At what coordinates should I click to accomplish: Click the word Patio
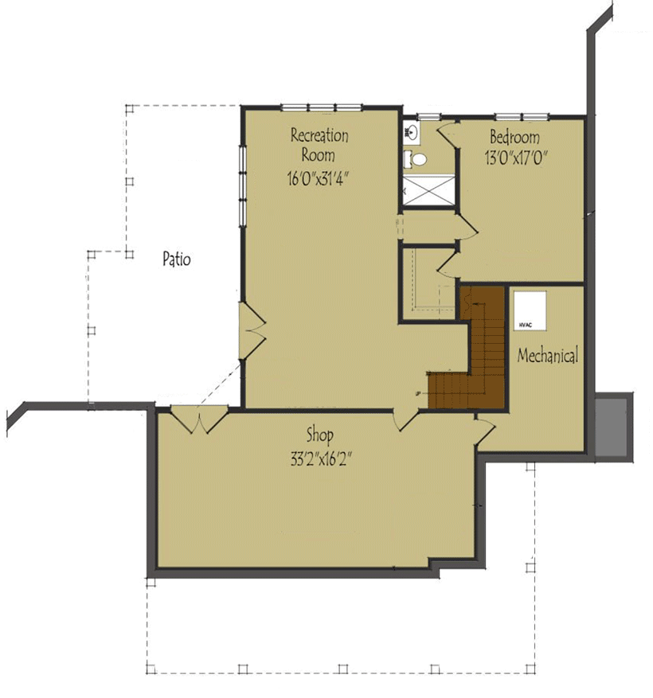pos(176,259)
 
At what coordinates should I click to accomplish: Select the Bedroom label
pos(514,135)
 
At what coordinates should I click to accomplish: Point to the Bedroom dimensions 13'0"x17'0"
pos(515,157)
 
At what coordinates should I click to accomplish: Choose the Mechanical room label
pos(547,356)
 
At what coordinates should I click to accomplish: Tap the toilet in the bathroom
pos(413,158)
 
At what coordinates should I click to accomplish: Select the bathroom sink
pos(412,129)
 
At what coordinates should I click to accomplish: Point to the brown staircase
pos(483,350)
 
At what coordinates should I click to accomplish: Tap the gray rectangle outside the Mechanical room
pos(616,427)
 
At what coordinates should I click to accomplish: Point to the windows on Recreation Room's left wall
pos(241,185)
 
